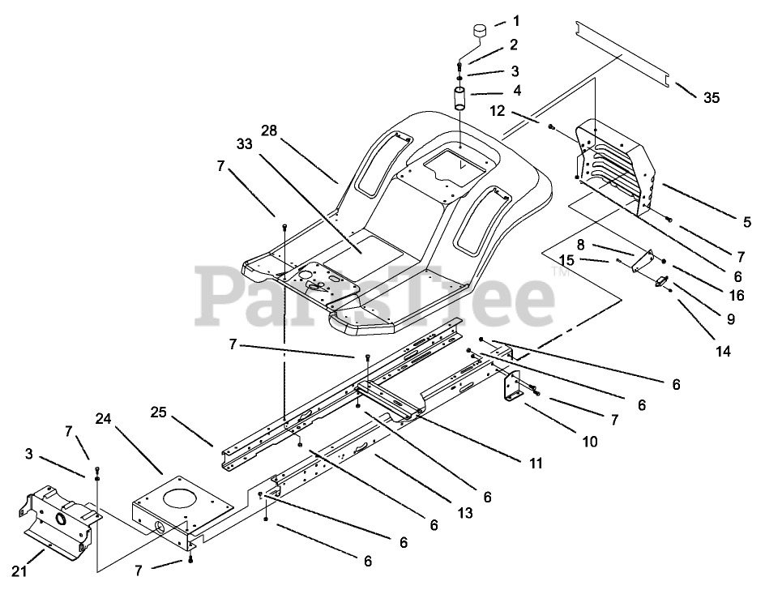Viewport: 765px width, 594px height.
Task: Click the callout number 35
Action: point(711,98)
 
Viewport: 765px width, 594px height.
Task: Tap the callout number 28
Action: point(270,130)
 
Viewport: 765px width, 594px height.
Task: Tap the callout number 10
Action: point(589,442)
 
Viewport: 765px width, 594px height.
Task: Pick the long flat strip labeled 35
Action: point(624,53)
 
